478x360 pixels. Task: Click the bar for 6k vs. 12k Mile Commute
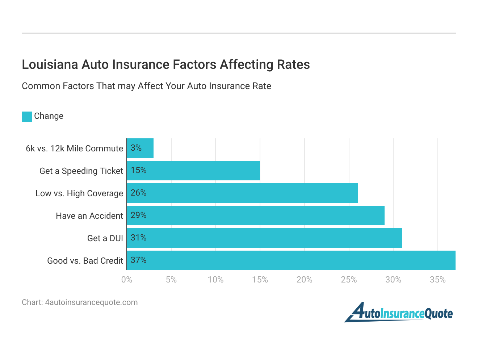click(x=141, y=148)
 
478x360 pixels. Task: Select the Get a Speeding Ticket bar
click(x=194, y=171)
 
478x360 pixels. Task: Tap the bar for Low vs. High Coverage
click(x=242, y=193)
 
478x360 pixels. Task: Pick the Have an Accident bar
click(x=256, y=215)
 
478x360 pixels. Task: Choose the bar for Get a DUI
click(x=264, y=238)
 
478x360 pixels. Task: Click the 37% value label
click(x=139, y=260)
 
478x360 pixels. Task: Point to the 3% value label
click(x=136, y=148)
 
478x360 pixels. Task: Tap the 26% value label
click(x=139, y=193)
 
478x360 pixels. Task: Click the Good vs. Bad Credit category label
click(x=85, y=261)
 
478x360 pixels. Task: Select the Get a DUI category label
click(x=105, y=238)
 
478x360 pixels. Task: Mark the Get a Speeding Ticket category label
click(x=81, y=171)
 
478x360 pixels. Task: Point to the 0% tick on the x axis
click(x=127, y=280)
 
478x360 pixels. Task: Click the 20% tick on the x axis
click(x=304, y=280)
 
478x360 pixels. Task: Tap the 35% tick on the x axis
click(x=437, y=280)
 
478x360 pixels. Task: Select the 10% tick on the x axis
click(x=215, y=280)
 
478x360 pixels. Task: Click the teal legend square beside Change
click(x=27, y=116)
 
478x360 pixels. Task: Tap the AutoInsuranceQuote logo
click(x=398, y=313)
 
